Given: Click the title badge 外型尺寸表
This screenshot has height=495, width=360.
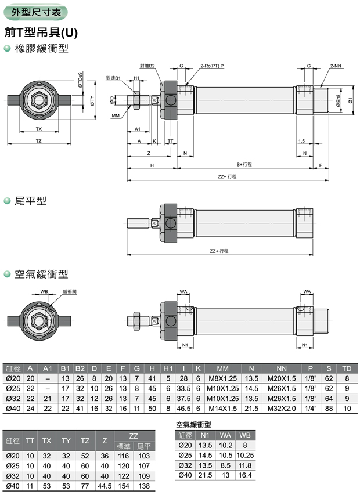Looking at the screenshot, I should tap(34, 12).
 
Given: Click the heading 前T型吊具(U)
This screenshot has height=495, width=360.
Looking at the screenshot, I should tap(41, 32).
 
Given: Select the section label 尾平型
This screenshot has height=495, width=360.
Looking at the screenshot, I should tap(33, 201).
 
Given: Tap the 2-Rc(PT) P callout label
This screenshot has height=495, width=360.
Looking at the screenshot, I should tap(211, 67).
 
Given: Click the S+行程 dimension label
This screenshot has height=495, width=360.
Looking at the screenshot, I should tap(243, 164).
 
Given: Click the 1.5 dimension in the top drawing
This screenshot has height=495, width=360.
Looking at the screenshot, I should tap(301, 141).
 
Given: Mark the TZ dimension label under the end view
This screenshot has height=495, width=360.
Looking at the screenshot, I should tap(39, 141).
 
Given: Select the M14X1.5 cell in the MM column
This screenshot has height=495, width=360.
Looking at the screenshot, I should tap(223, 409).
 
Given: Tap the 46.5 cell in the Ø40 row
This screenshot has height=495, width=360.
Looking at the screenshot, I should tap(184, 409).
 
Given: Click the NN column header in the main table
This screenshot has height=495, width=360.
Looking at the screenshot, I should tap(282, 368).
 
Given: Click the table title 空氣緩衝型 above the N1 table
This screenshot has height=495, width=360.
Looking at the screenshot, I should tap(193, 425).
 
